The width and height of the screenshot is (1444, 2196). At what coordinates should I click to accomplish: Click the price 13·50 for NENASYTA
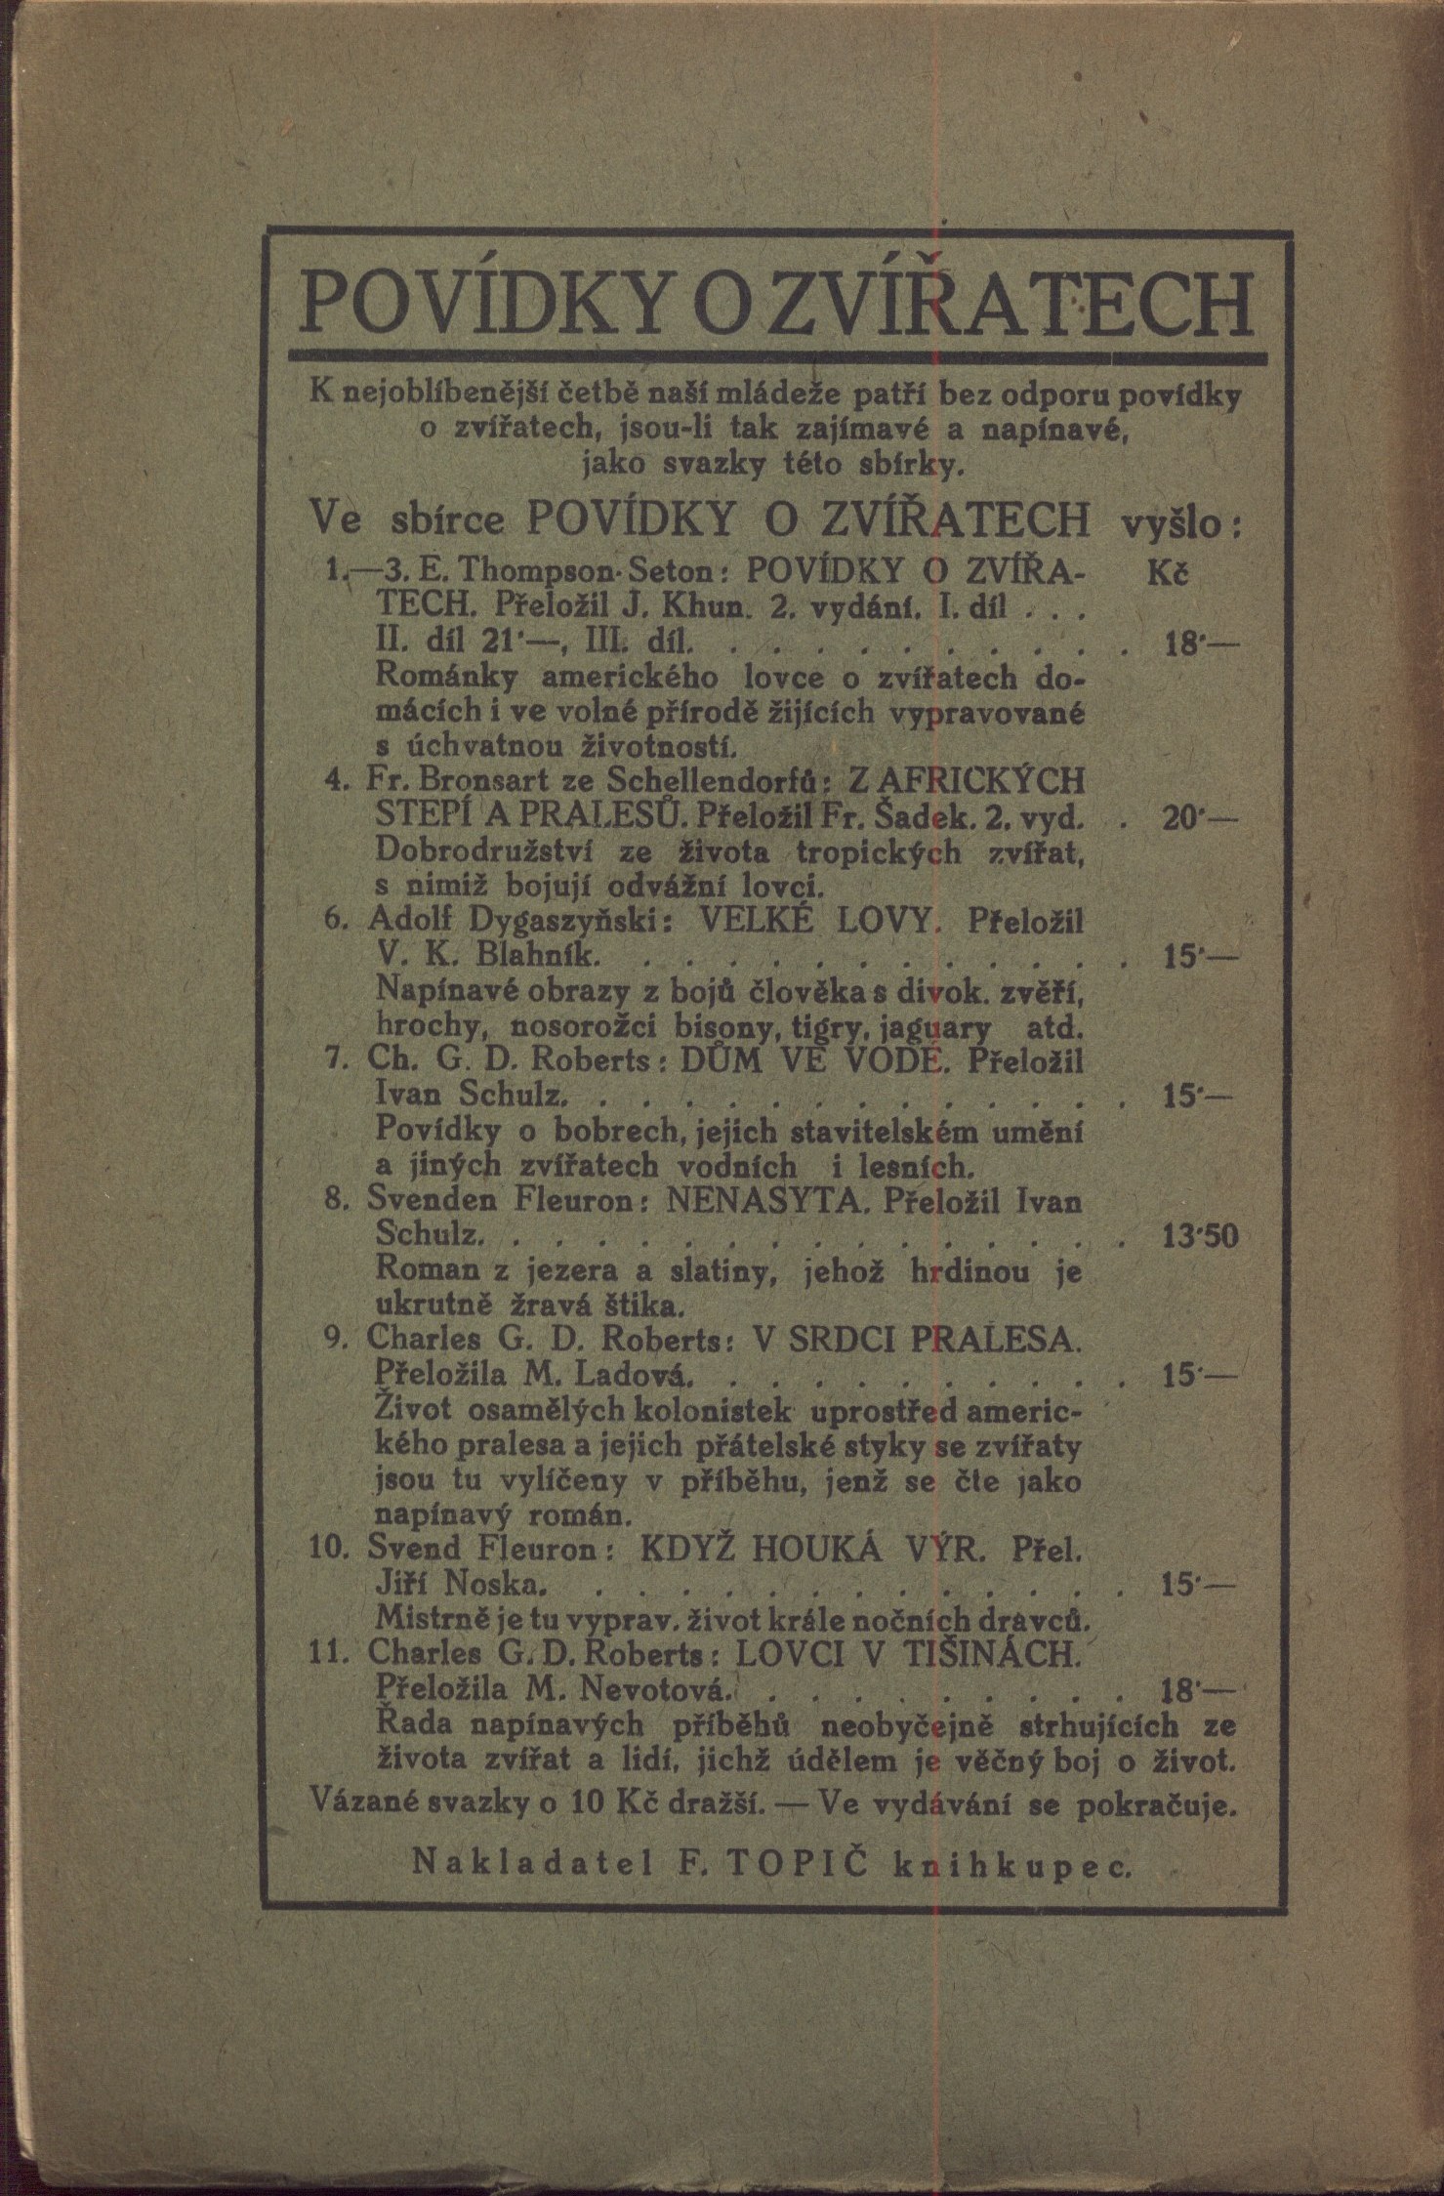point(1200,1237)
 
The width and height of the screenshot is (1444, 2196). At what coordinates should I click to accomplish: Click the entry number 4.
point(333,781)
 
